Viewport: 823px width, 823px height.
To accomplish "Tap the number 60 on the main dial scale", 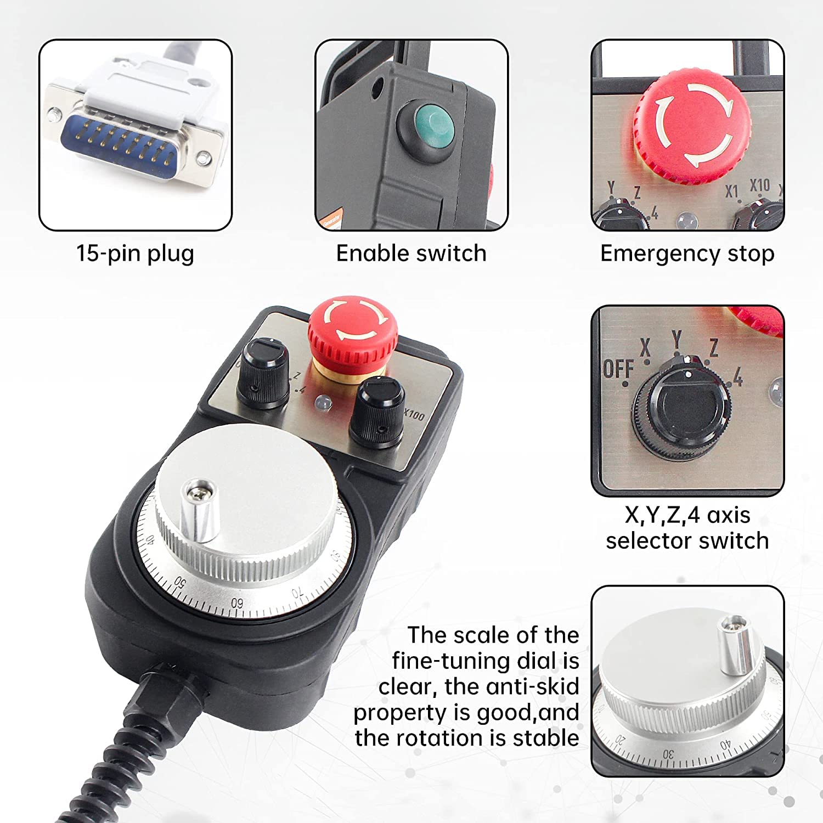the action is [237, 603].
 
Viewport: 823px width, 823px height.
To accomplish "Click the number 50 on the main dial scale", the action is [181, 581].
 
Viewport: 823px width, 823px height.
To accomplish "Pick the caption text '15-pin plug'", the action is [135, 254].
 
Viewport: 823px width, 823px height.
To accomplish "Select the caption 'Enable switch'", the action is [411, 253].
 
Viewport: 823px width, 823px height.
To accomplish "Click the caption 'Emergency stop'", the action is [687, 254].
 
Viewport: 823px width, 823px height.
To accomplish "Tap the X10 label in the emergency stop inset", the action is [760, 185].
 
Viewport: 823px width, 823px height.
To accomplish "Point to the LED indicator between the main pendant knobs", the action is [323, 403].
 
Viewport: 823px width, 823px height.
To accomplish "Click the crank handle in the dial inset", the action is [736, 645].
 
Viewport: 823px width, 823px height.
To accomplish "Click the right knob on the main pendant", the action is [377, 413].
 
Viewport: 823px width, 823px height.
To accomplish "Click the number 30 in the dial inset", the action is [668, 754].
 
